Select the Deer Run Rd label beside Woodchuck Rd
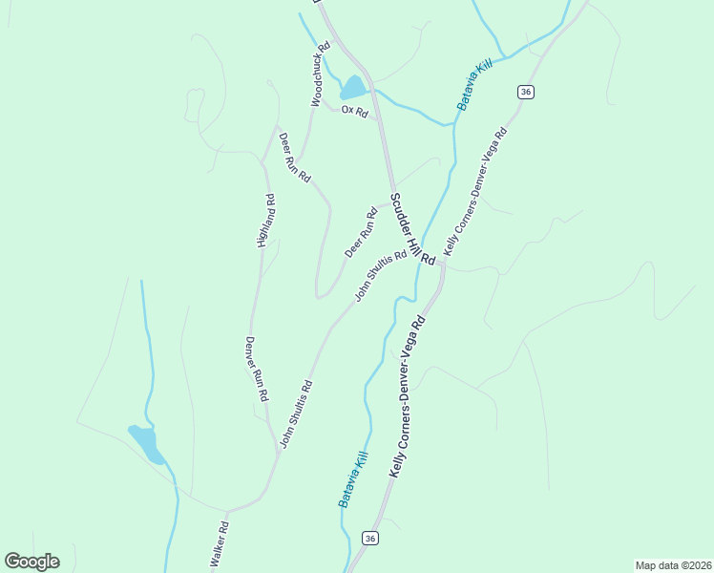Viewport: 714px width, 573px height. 294,158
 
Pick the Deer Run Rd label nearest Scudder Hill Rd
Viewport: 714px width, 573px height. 361,232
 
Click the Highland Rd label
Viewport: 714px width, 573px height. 266,221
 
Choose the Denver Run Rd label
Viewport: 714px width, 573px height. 257,368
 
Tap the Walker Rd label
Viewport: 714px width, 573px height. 219,546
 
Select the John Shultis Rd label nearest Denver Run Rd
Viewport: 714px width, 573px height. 296,414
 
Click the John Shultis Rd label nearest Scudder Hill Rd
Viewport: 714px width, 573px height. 381,276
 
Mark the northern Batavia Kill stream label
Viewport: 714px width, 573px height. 473,83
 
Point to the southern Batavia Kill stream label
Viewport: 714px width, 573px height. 352,478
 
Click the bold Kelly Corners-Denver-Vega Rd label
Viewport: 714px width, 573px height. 407,398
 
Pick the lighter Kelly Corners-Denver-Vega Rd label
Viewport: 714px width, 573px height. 474,187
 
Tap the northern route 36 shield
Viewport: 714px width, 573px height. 526,92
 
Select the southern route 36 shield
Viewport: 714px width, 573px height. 370,539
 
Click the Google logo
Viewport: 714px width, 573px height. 31,562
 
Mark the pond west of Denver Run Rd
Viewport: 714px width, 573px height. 146,443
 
